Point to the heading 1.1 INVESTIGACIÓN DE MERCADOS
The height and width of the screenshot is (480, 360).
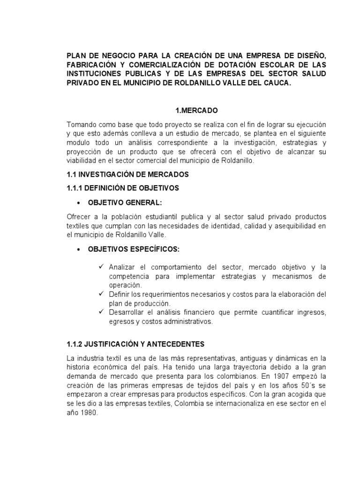(x=128, y=174)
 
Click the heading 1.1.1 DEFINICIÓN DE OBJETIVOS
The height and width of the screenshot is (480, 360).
(x=123, y=188)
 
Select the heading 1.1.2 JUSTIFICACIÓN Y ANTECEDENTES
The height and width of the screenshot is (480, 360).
(x=136, y=344)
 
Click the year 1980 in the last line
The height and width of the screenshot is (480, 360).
(x=90, y=413)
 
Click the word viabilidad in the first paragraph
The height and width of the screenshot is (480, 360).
(x=82, y=161)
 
